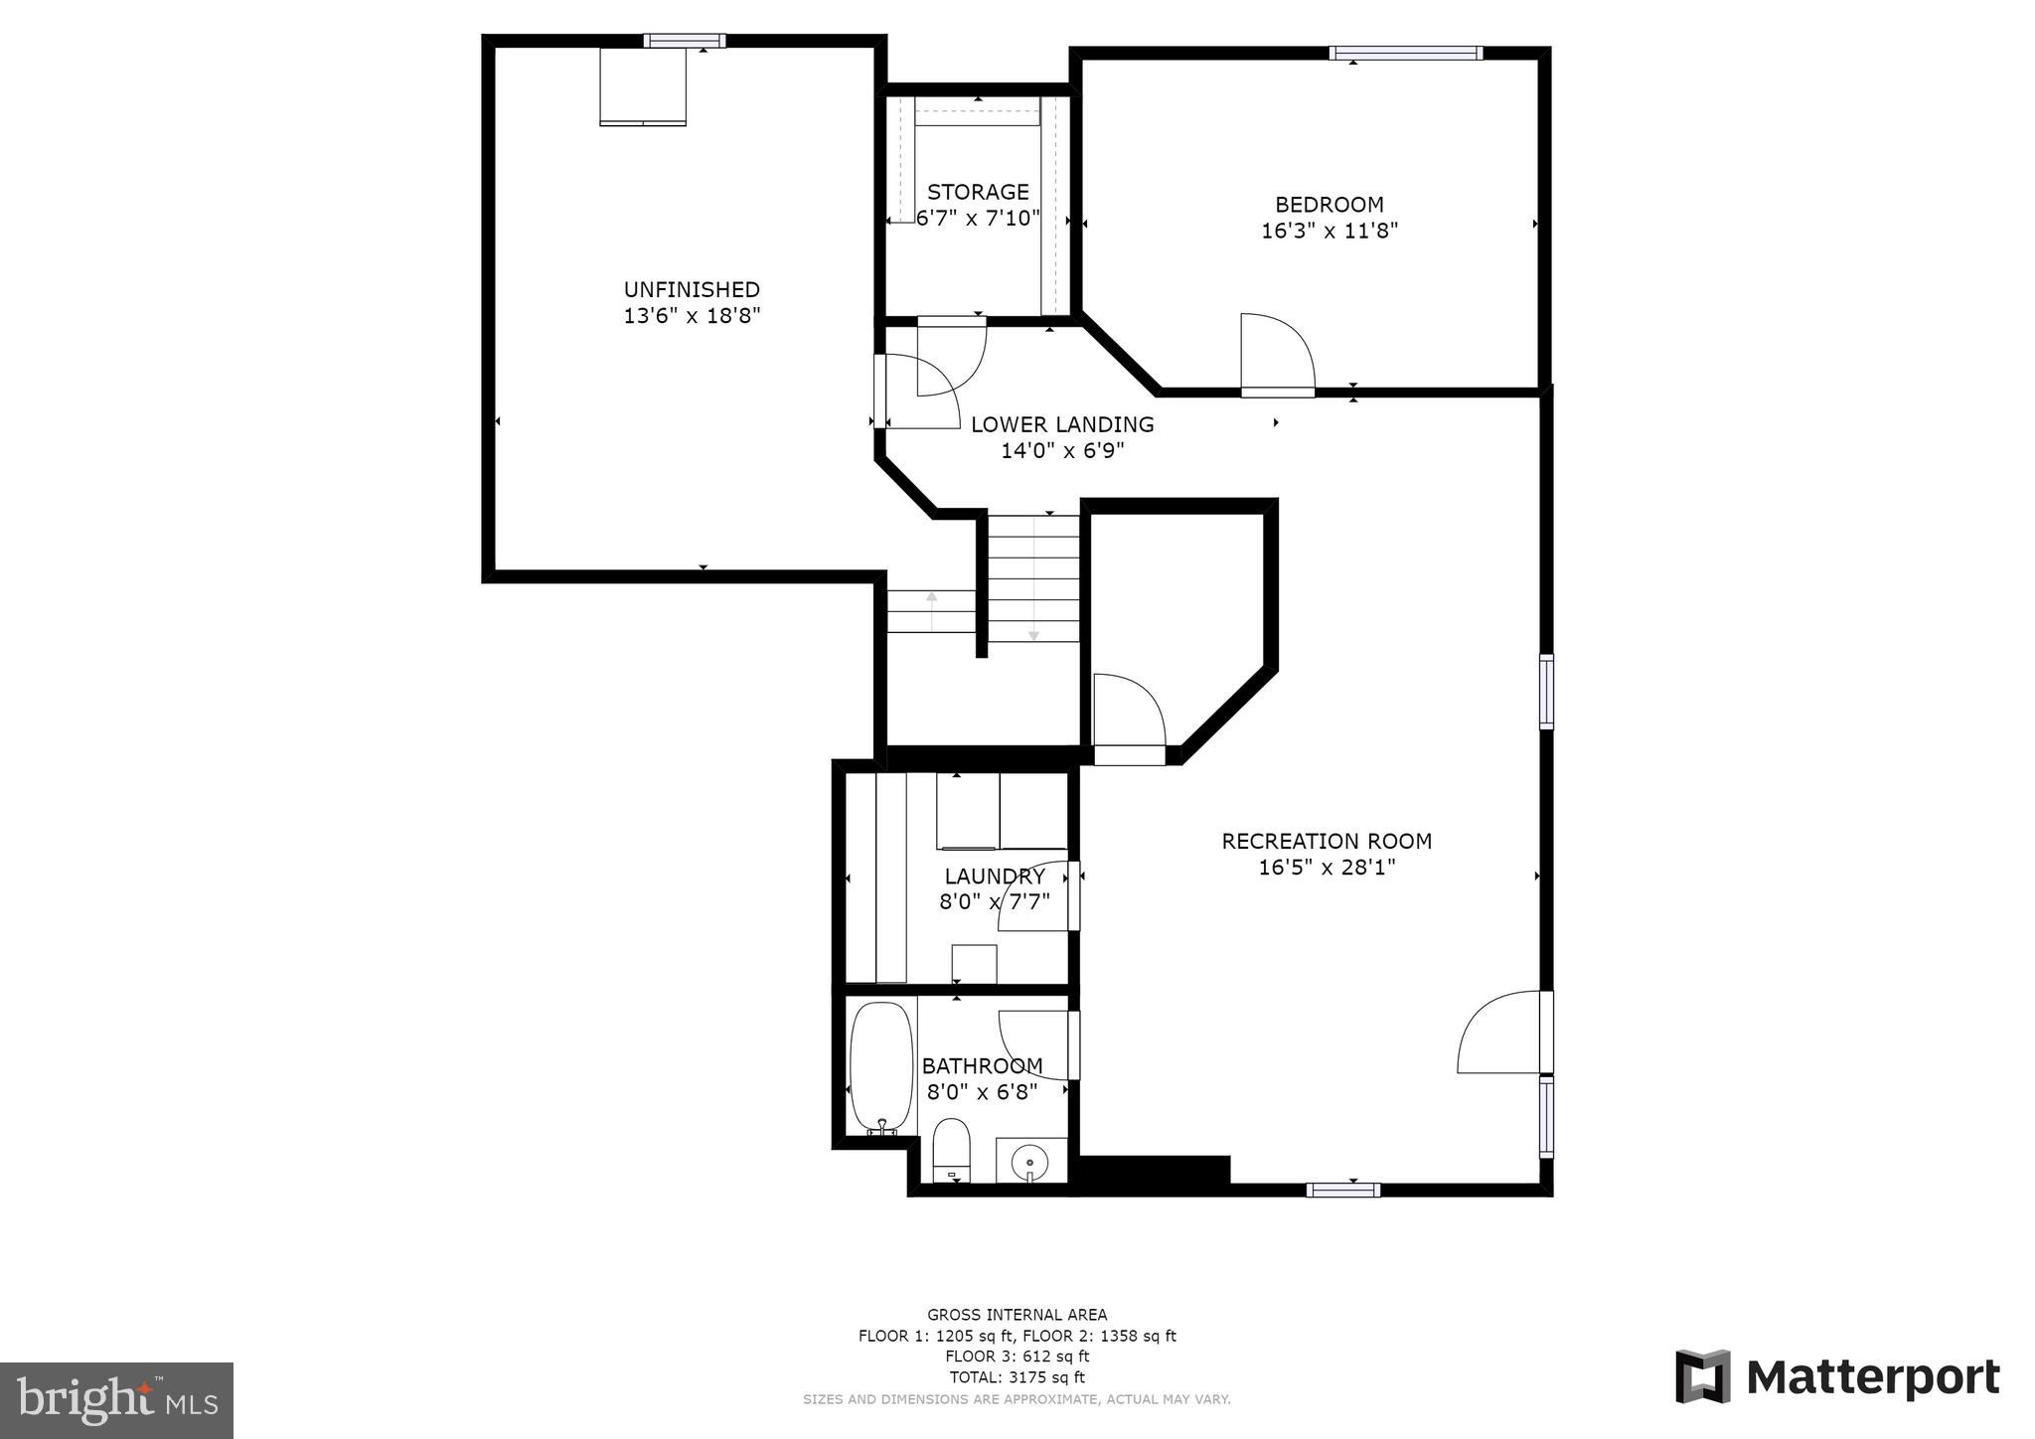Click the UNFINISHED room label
692,289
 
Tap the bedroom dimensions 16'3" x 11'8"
1330,231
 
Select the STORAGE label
978,192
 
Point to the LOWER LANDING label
1062,424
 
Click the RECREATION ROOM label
1327,841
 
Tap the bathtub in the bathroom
881,1067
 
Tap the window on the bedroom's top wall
1406,54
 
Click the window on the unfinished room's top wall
684,41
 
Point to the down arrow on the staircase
1033,632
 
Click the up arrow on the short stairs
931,598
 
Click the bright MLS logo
116,1401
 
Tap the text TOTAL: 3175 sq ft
1017,1377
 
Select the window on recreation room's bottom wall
1342,1190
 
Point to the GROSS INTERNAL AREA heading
1017,1315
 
